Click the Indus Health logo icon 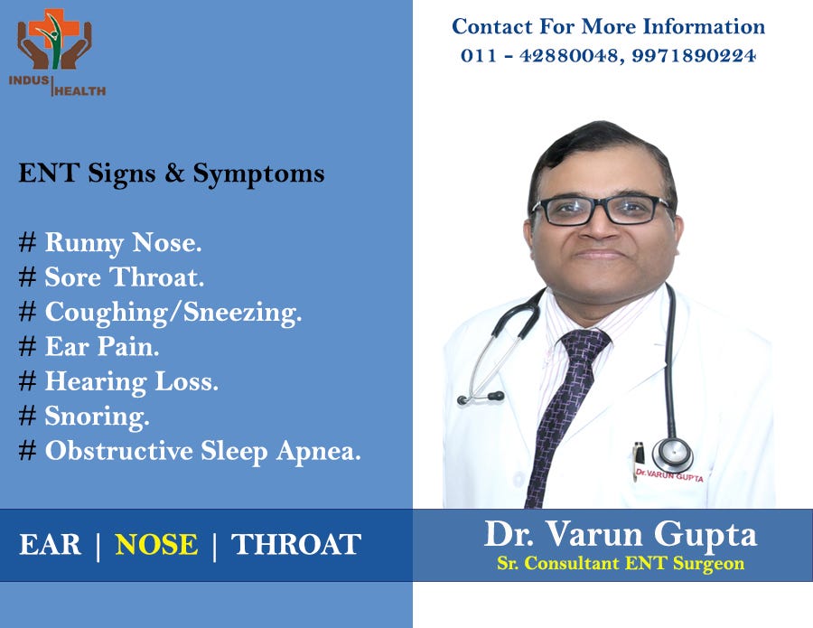54,40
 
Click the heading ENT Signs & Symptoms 172,173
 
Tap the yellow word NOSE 156,545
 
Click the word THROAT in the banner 296,545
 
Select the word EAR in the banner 51,545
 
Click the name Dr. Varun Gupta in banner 621,534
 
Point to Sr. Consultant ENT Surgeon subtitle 621,564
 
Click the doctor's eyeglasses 601,211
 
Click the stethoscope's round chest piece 673,455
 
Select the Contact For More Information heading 608,26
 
